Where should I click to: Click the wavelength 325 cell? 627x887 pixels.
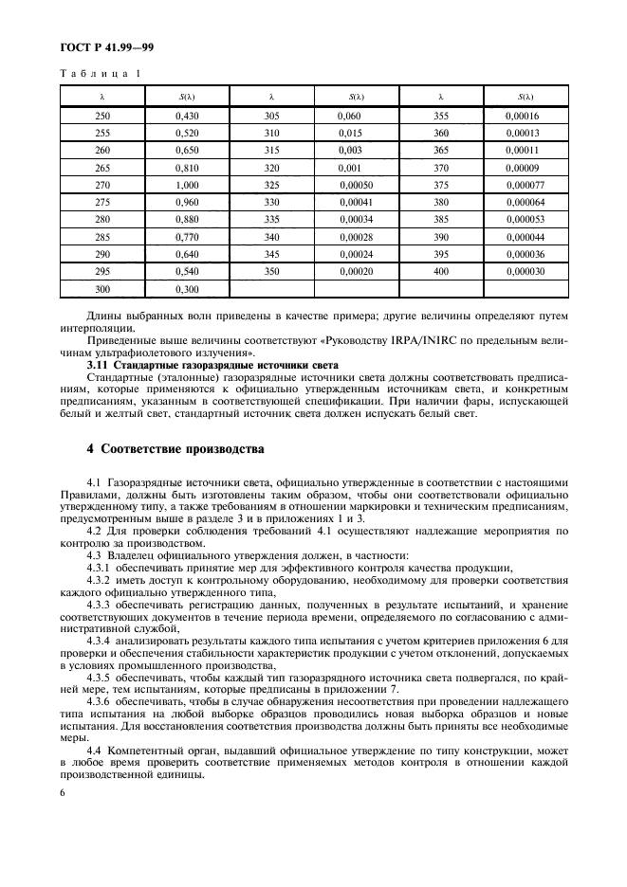(x=272, y=185)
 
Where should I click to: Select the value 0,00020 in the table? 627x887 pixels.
(x=356, y=271)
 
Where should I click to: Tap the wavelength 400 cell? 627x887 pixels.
(x=441, y=271)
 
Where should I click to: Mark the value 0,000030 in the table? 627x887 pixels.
(x=526, y=271)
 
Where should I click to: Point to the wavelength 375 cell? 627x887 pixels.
(x=441, y=185)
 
